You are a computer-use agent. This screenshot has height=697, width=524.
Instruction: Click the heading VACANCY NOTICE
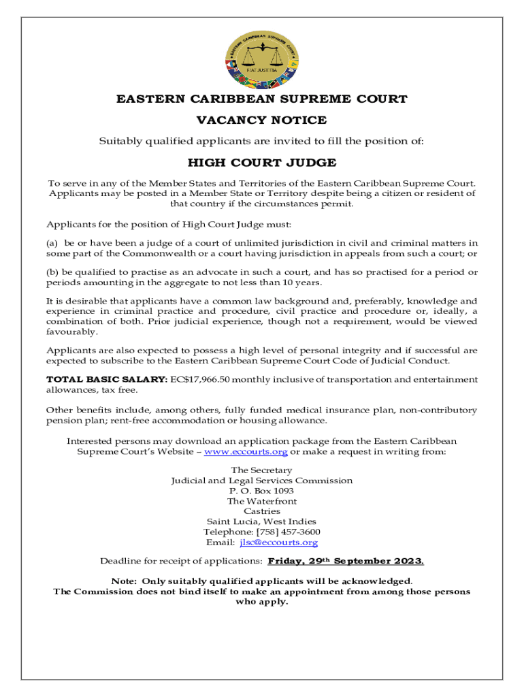click(261, 120)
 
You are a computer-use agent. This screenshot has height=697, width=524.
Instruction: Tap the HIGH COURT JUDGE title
click(261, 163)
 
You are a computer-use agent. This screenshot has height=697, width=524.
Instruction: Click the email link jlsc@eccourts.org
click(279, 542)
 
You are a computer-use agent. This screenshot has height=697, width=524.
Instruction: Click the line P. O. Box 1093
click(261, 491)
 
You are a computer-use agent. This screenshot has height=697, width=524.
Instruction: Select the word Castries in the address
click(261, 511)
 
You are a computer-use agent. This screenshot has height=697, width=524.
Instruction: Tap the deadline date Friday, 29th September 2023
click(346, 562)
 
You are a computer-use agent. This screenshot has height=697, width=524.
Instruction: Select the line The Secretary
click(261, 470)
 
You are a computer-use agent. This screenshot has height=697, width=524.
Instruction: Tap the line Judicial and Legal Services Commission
click(261, 481)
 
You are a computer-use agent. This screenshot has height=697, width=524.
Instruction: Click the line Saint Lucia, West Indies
click(261, 521)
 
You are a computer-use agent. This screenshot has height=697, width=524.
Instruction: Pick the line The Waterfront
click(261, 501)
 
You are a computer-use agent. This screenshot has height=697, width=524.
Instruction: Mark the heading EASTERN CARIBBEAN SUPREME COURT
click(261, 99)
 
